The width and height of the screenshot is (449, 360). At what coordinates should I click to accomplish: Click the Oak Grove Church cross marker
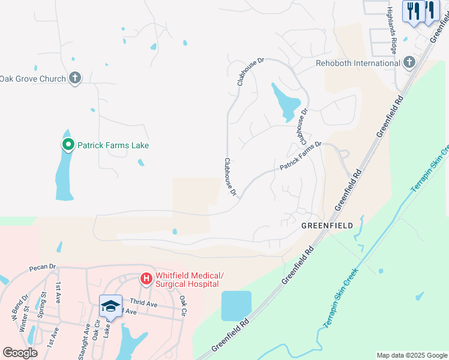[74, 78]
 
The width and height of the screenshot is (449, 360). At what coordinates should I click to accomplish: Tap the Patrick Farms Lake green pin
[68, 145]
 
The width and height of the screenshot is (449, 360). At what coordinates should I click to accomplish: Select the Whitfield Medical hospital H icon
[145, 278]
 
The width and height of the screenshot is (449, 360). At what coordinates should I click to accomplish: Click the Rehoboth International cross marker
[409, 62]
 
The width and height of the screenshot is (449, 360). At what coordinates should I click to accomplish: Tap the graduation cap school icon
[110, 306]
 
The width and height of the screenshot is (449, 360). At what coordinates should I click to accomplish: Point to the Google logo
[20, 352]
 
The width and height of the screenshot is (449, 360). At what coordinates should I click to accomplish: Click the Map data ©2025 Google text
[412, 355]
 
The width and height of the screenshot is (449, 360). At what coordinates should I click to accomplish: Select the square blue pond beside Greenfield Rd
[236, 306]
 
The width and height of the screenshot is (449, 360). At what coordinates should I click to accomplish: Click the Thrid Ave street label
[143, 304]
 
